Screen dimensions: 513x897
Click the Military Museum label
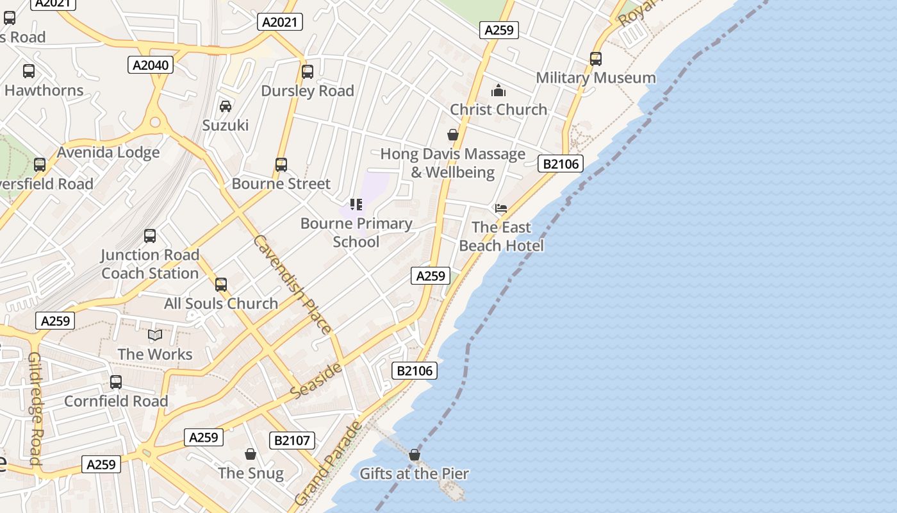[595, 78]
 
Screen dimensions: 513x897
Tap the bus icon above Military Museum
[596, 59]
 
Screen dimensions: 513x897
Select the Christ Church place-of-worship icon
[498, 90]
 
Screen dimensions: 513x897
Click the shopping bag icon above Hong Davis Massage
[453, 135]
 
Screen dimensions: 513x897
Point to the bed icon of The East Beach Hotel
[501, 208]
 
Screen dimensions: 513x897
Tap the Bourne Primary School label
[356, 232]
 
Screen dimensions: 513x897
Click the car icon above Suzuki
[226, 106]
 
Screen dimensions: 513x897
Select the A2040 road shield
[151, 65]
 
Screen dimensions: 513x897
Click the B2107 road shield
[292, 441]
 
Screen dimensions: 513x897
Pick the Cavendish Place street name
[292, 285]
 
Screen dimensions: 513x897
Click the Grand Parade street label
[328, 463]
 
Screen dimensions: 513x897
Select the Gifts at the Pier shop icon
[415, 455]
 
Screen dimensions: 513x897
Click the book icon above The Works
[155, 335]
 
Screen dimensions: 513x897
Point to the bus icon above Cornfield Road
[116, 382]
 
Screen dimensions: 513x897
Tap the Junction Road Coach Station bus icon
[150, 236]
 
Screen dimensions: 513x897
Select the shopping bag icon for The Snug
[251, 454]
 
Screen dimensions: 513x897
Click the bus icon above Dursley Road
[308, 72]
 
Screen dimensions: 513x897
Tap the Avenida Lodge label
[108, 153]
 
